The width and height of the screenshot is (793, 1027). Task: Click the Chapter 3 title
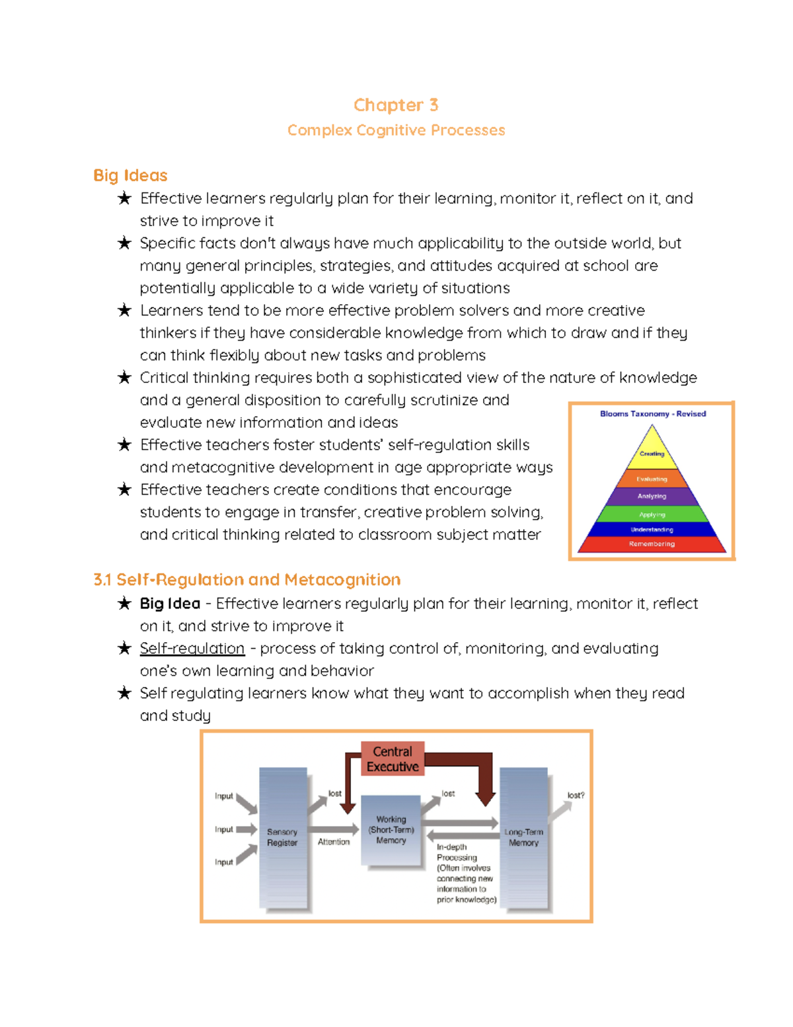(395, 105)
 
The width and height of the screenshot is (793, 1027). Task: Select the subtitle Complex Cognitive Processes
(396, 130)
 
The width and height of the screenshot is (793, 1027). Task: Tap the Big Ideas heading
(130, 175)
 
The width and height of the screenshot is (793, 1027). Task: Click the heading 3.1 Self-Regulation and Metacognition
(246, 580)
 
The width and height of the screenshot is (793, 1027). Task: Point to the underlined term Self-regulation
(192, 649)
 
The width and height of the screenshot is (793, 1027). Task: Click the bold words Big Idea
(170, 604)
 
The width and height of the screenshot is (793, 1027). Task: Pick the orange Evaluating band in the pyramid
(652, 479)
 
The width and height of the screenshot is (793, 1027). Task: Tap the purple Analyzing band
(652, 496)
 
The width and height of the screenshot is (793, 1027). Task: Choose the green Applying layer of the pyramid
(652, 514)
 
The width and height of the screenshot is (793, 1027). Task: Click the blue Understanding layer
(652, 530)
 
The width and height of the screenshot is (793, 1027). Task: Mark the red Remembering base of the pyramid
(652, 544)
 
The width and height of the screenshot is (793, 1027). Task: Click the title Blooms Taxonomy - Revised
(652, 414)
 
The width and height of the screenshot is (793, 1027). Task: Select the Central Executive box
(393, 759)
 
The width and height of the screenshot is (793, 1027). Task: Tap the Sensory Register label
(282, 837)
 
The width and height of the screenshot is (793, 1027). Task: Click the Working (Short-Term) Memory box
(391, 830)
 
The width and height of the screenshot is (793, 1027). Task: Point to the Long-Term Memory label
(523, 837)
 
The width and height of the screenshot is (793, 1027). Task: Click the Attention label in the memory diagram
(334, 842)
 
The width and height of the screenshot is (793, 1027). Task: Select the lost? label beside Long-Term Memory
(576, 796)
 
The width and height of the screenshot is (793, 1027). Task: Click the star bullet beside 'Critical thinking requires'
(124, 378)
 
